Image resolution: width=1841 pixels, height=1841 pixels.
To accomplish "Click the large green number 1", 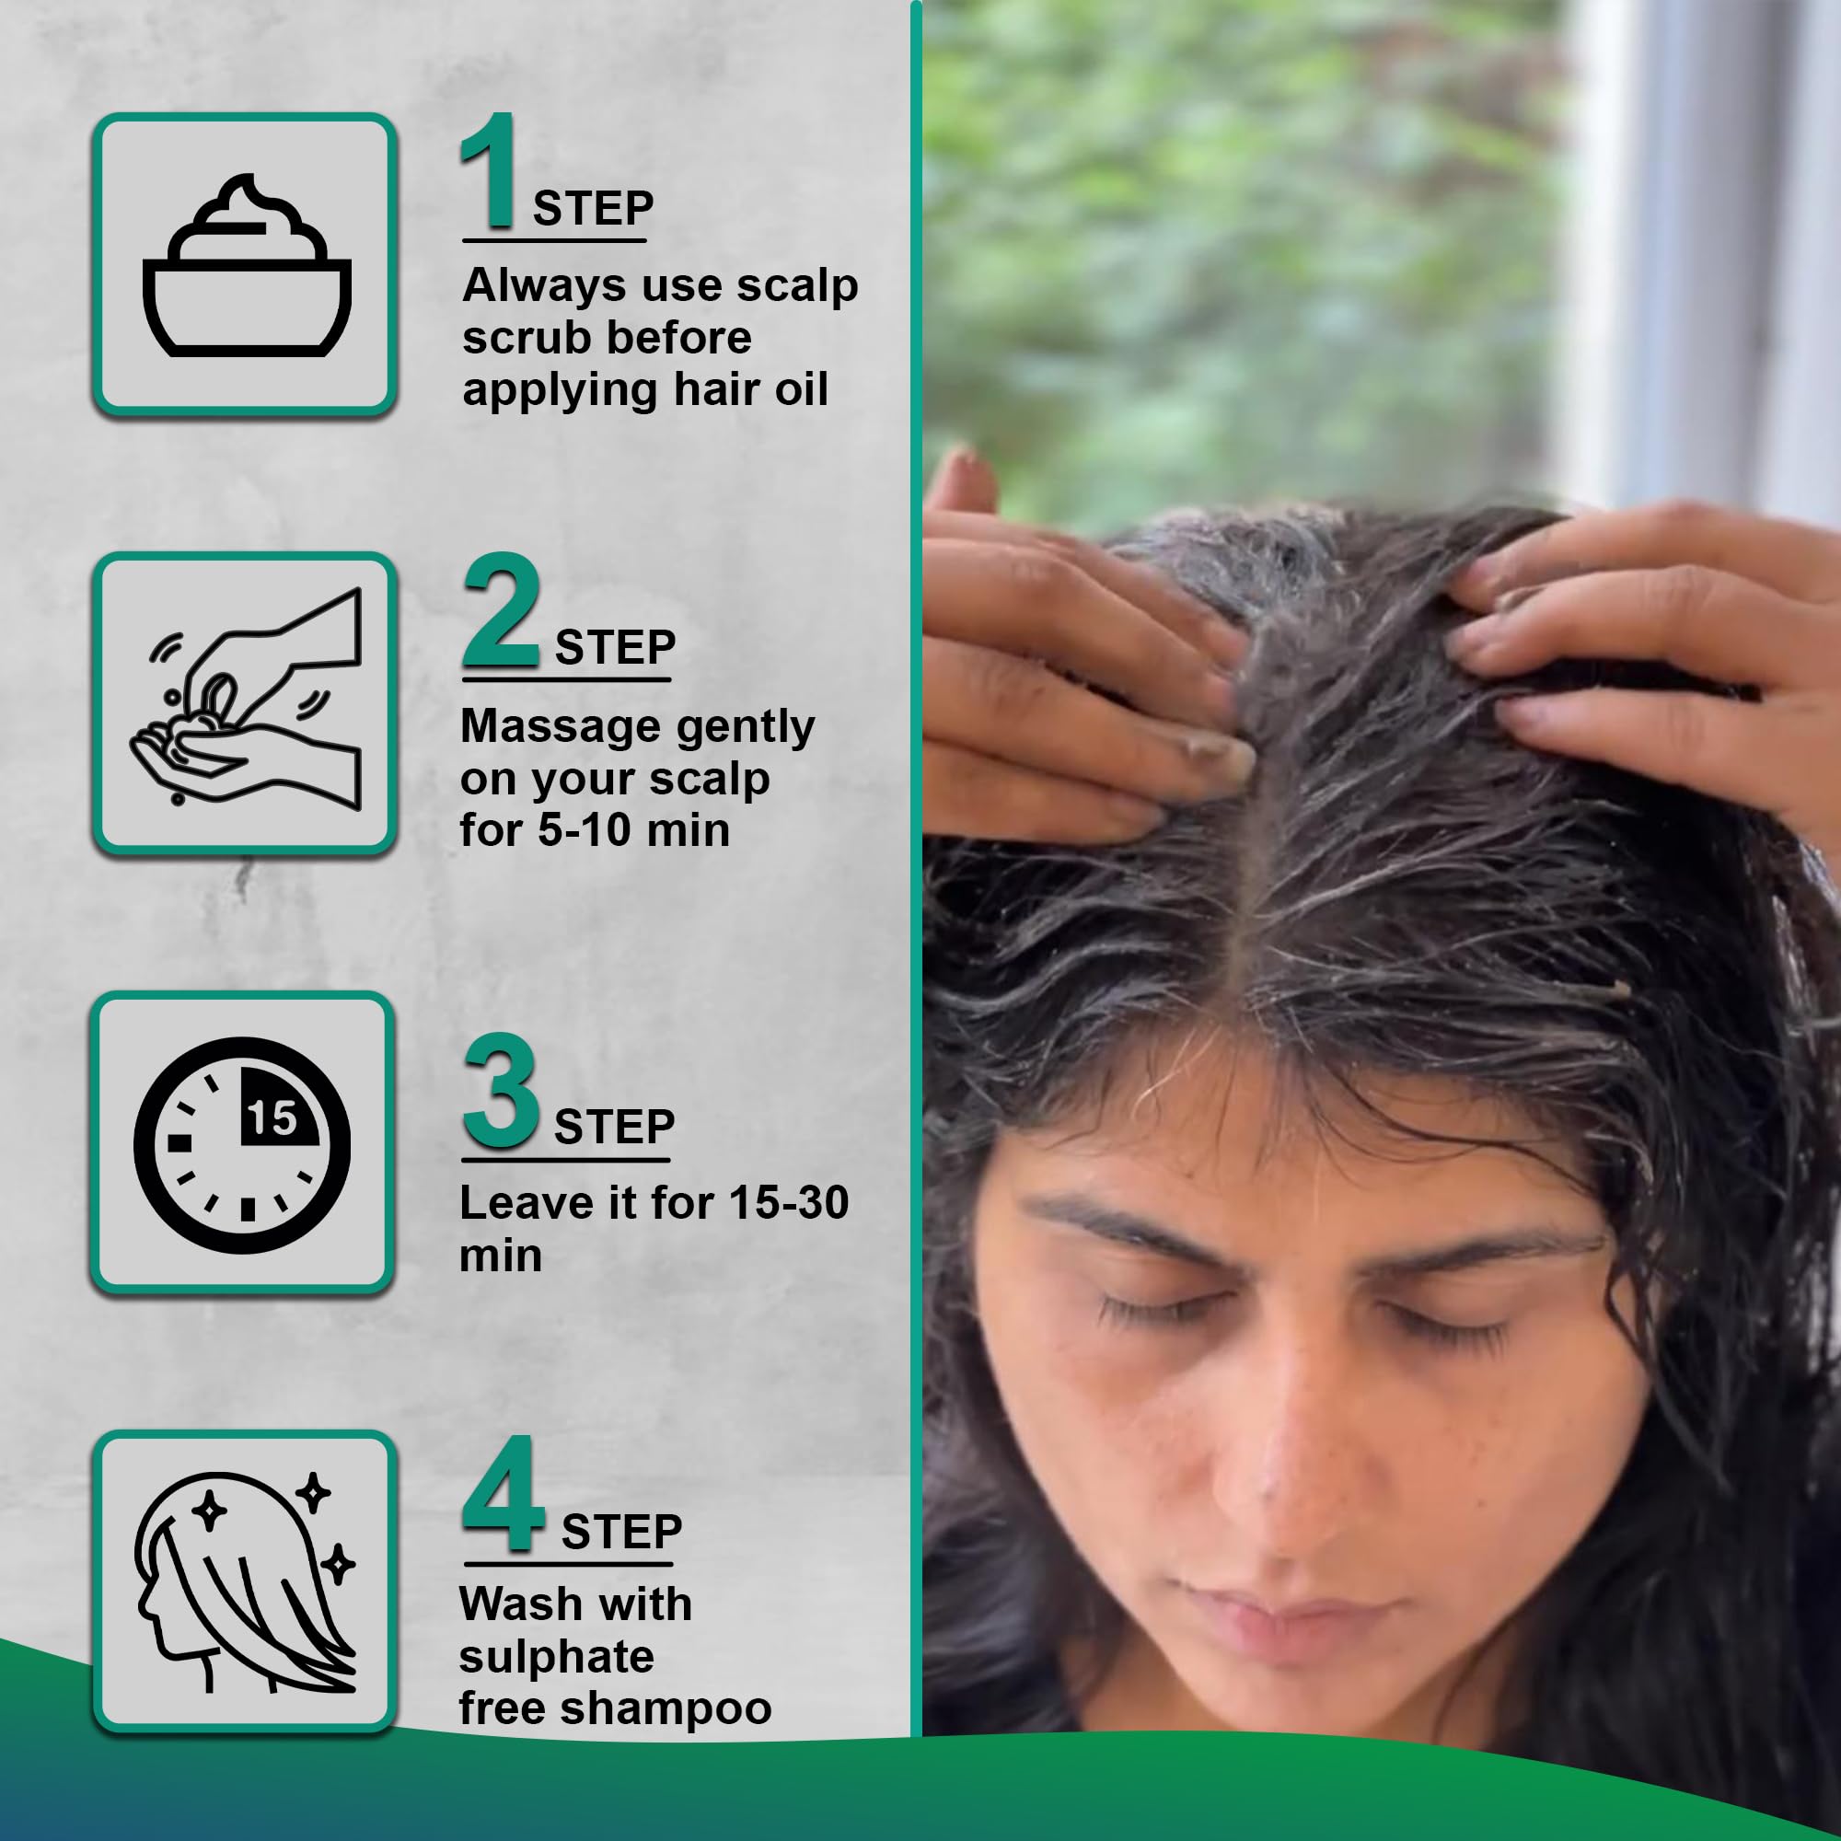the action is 489,170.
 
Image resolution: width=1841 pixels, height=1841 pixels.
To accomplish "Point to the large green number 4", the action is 504,1492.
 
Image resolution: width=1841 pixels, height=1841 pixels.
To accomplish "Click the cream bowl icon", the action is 247,266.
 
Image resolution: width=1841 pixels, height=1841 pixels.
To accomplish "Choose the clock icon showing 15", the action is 242,1144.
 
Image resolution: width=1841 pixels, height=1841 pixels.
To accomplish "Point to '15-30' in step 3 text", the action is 788,1203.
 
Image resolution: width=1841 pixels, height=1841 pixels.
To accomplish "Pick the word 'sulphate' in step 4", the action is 557,1657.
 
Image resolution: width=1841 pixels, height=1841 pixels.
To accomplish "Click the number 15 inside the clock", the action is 272,1117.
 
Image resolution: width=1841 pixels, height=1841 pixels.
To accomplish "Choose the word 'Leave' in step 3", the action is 527,1203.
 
